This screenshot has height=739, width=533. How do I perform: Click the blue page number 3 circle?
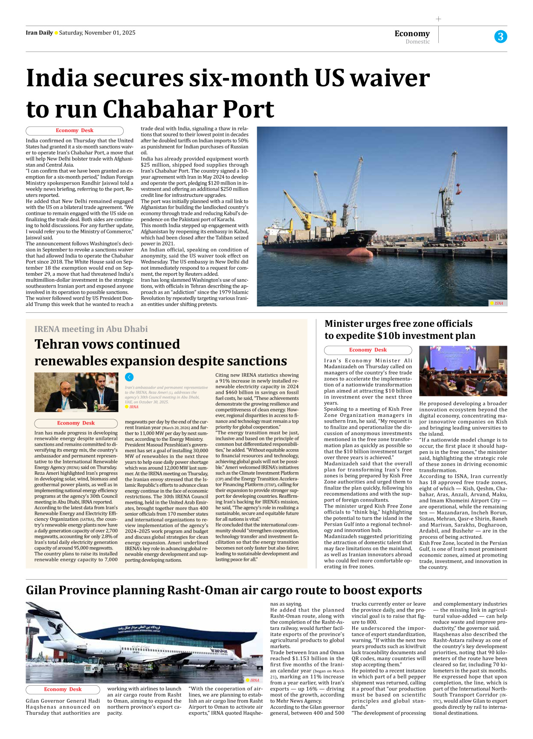click(x=501, y=37)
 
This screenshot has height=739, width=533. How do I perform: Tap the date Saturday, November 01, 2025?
click(x=97, y=33)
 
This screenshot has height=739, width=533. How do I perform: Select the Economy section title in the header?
click(x=412, y=33)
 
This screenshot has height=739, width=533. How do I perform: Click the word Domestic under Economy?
click(x=417, y=42)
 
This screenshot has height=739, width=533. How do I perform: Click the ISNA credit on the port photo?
click(x=498, y=303)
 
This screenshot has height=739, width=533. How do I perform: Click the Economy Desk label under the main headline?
click(x=75, y=131)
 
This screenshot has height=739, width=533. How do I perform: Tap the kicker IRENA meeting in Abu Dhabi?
click(x=91, y=329)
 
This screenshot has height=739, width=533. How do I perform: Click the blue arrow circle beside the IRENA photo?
click(x=129, y=377)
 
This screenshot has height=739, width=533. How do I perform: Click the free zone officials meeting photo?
click(x=463, y=371)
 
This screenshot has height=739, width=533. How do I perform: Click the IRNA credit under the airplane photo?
click(x=253, y=680)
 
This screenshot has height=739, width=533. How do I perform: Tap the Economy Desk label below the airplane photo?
click(x=63, y=689)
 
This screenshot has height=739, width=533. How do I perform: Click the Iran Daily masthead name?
click(x=39, y=33)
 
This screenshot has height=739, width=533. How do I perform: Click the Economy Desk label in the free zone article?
click(x=368, y=350)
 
